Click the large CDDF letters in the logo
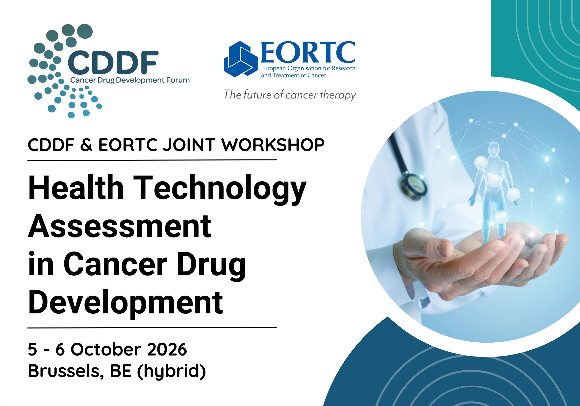click(113, 62)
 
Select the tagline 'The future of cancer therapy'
click(289, 95)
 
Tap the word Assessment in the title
click(119, 226)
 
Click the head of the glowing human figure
click(494, 148)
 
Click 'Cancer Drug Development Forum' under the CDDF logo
click(130, 81)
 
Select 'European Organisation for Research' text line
click(308, 69)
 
